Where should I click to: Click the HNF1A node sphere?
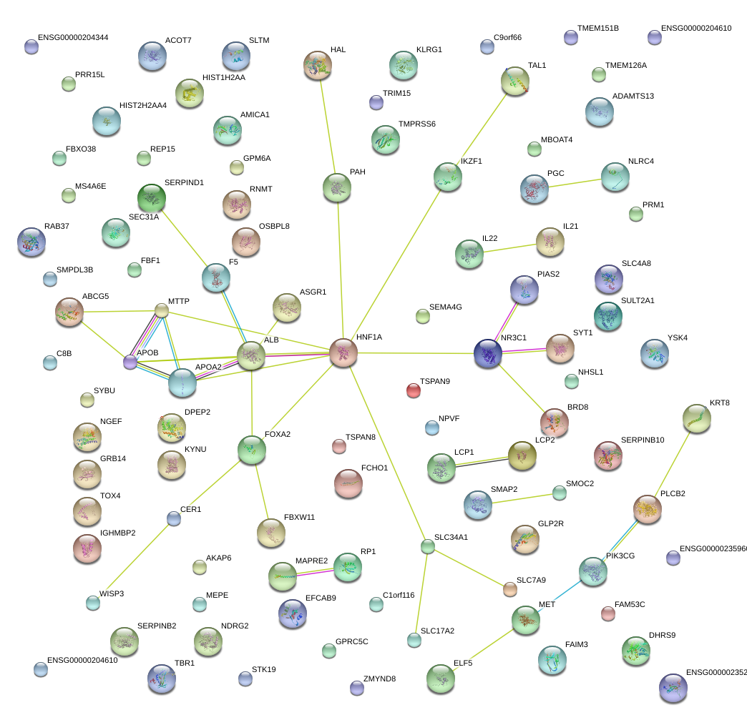click(x=343, y=353)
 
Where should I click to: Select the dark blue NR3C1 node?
click(x=488, y=353)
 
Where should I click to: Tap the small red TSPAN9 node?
click(x=414, y=390)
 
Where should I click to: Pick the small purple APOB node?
click(x=130, y=362)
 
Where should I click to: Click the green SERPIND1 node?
click(x=151, y=198)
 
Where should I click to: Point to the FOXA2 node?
click(x=251, y=449)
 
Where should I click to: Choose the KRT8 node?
click(x=696, y=418)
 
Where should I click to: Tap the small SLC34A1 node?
click(x=427, y=547)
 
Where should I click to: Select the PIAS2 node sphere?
click(x=524, y=290)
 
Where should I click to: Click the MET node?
click(x=527, y=620)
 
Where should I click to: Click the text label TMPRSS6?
click(x=416, y=124)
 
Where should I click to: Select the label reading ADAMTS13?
click(x=633, y=96)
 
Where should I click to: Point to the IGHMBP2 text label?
click(x=118, y=533)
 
